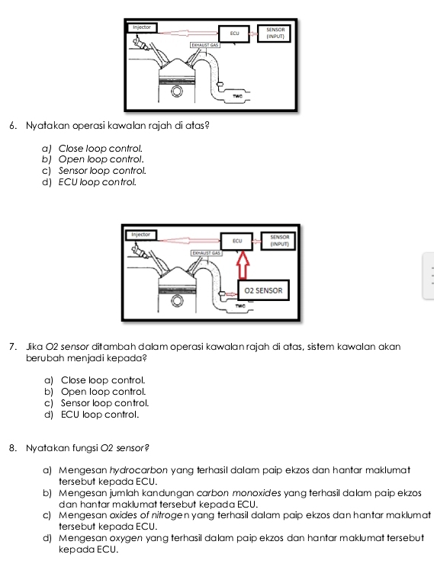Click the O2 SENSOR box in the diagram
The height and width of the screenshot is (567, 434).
(x=263, y=290)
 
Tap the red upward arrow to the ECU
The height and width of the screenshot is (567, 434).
(x=243, y=265)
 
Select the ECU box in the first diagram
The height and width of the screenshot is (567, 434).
(x=234, y=34)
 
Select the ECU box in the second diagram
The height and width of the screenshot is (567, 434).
(x=236, y=241)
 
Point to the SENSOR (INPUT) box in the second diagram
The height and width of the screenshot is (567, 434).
(x=279, y=241)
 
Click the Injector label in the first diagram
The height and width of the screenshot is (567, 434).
(x=142, y=27)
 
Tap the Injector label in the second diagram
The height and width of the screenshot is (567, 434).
(x=141, y=234)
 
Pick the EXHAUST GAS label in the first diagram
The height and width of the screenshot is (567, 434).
(x=205, y=45)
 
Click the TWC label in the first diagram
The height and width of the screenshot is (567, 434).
(x=237, y=96)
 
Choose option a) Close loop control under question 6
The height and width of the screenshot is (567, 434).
(x=92, y=149)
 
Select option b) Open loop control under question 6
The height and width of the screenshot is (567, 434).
(x=93, y=159)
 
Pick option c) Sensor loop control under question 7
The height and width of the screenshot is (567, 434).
(x=97, y=403)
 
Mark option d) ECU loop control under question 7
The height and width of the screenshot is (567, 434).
(x=92, y=415)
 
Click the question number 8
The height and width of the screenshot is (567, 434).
(x=13, y=448)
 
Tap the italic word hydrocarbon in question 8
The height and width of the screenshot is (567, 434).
(x=139, y=470)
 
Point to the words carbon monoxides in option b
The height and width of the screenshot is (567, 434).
(x=239, y=493)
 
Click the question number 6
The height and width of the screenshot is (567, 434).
(x=13, y=126)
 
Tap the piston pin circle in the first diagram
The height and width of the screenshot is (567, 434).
(x=177, y=91)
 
